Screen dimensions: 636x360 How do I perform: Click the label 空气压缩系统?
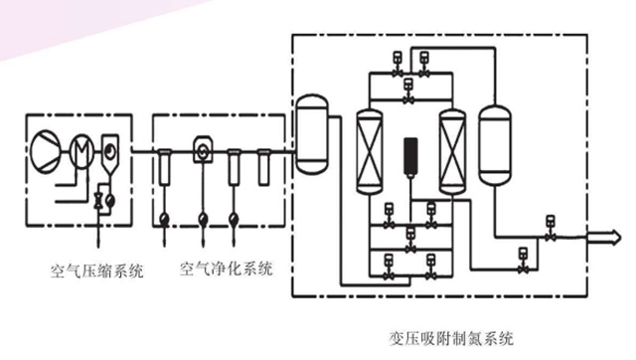[96, 270]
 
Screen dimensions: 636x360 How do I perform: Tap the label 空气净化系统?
[226, 269]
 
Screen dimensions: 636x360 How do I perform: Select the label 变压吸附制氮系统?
[450, 338]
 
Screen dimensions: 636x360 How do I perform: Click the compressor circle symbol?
[46, 150]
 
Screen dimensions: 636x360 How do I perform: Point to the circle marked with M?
[81, 150]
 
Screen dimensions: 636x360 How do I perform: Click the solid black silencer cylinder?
[410, 156]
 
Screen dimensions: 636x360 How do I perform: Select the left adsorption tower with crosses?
[370, 152]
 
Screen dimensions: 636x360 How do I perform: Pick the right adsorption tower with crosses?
[452, 152]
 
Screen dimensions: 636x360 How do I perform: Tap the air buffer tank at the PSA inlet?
[311, 134]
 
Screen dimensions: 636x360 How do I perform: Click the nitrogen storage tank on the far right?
[495, 145]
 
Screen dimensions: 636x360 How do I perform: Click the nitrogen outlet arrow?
[604, 237]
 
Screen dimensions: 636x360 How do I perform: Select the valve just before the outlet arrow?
[550, 229]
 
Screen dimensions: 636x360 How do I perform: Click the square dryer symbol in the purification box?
[203, 150]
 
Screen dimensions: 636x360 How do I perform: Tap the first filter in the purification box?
[164, 167]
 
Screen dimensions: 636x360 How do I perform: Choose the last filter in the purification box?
[263, 167]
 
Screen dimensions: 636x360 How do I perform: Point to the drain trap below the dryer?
[203, 220]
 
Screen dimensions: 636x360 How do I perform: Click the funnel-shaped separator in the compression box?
[109, 156]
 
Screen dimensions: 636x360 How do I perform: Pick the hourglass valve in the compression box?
[98, 201]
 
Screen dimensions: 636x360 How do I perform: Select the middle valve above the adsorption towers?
[408, 90]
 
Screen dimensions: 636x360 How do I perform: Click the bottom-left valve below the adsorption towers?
[389, 268]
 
